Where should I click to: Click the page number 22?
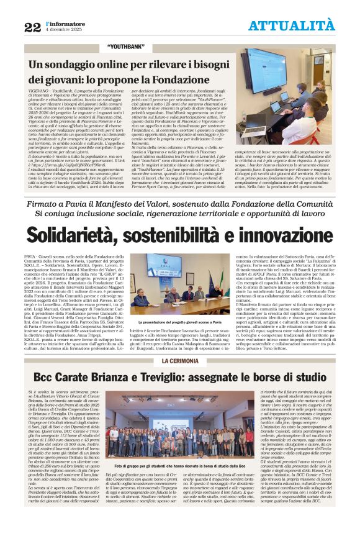[x=32, y=27]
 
